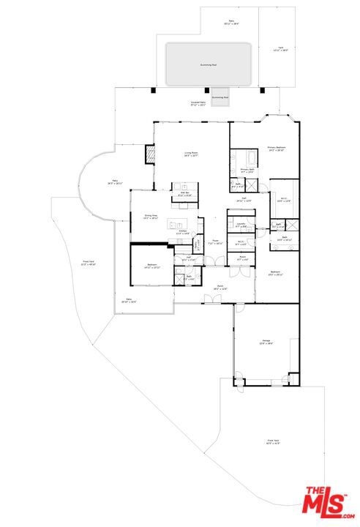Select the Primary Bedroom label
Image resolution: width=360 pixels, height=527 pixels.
click(276, 149)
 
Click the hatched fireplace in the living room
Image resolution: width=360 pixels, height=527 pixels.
click(151, 154)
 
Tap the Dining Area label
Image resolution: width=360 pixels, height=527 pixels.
click(151, 217)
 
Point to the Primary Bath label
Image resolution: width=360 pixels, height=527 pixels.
click(248, 170)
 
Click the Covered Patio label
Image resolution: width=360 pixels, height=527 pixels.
click(198, 103)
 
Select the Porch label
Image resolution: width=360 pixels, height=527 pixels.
click(220, 288)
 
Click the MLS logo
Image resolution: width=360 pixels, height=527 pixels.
click(327, 502)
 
